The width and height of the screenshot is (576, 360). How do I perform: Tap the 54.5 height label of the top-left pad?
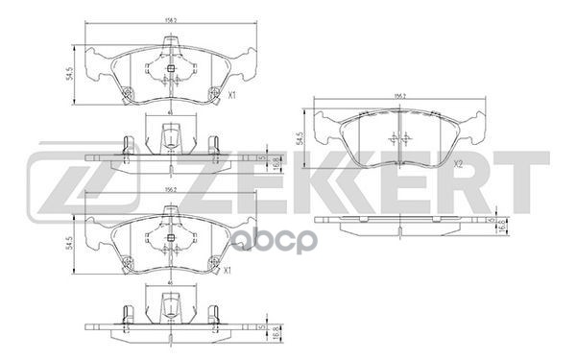[70, 73]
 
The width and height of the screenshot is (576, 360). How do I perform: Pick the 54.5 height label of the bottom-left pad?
[70, 245]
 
